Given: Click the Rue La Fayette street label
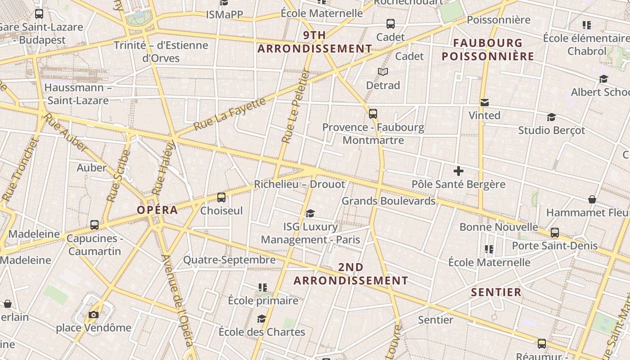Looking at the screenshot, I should [229, 114].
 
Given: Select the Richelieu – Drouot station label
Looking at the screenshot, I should [300, 184].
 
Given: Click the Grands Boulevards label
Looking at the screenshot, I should [388, 201].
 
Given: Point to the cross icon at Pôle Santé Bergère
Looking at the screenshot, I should [459, 171].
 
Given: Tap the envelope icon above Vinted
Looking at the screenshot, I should [484, 103].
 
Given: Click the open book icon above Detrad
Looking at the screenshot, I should [383, 72].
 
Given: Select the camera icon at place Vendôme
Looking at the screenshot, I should [94, 315].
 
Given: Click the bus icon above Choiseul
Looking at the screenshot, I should [221, 198].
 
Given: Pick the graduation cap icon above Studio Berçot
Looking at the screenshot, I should [551, 117].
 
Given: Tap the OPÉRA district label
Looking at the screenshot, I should [157, 210].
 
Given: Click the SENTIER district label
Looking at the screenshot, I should [496, 292].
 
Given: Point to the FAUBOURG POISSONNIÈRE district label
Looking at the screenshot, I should [488, 50].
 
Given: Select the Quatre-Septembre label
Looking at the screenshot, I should [229, 260].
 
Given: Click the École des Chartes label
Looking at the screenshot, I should [262, 332].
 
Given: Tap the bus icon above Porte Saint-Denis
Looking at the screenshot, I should [555, 233].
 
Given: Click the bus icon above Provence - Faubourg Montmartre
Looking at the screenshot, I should [373, 114].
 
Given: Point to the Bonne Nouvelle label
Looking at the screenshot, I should [499, 227].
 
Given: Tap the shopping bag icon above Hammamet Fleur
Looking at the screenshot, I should [592, 199].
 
